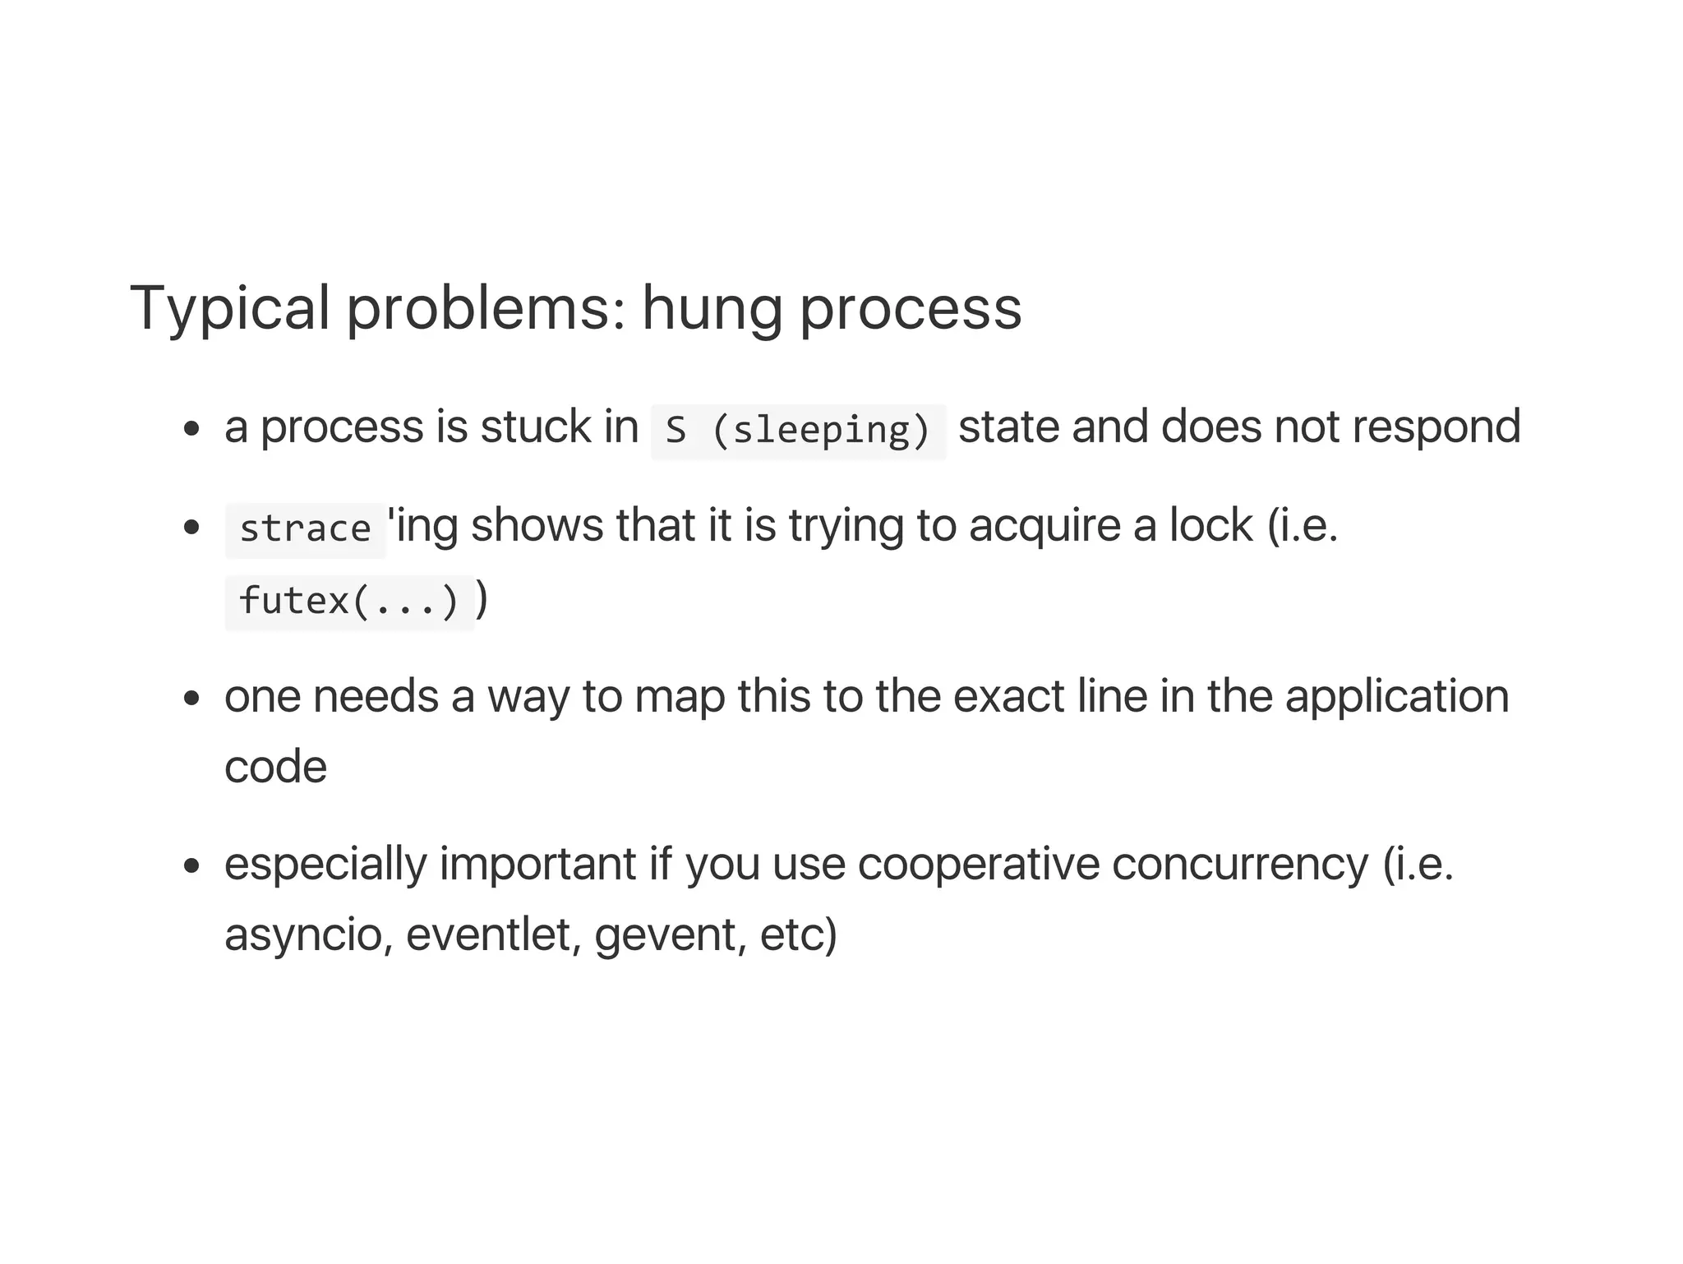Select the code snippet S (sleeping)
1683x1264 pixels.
pyautogui.click(x=798, y=431)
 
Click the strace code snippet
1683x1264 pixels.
pyautogui.click(x=305, y=529)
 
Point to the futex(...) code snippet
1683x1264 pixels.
pyautogui.click(x=349, y=602)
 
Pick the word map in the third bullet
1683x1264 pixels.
pyautogui.click(x=680, y=697)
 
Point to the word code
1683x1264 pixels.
pyautogui.click(x=275, y=768)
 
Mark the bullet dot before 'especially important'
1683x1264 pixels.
pyautogui.click(x=192, y=866)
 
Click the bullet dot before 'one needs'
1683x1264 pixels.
pyautogui.click(x=192, y=699)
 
